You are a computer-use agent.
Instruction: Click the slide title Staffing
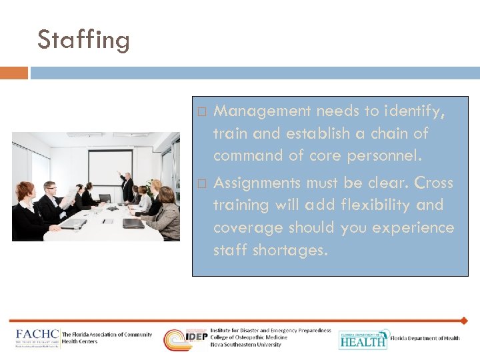(x=83, y=39)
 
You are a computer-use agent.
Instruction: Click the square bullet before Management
(x=203, y=111)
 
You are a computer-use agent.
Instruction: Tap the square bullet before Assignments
(x=203, y=183)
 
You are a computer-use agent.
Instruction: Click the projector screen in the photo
(x=110, y=167)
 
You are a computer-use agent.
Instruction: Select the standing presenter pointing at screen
(x=127, y=185)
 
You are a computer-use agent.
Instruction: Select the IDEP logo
(x=186, y=339)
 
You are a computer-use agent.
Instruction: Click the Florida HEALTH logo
(x=362, y=339)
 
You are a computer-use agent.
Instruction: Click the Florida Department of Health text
(x=425, y=339)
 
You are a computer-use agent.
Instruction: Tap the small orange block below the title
(x=14, y=73)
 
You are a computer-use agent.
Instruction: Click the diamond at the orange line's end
(x=464, y=321)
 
